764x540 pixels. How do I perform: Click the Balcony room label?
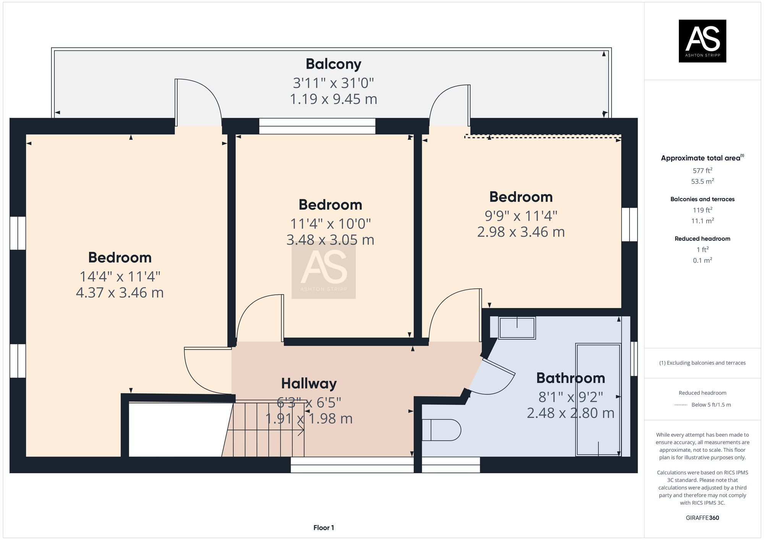(x=333, y=64)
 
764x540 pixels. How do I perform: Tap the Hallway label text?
(x=309, y=383)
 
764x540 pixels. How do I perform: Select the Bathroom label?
(x=570, y=378)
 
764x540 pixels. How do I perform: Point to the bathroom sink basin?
(x=517, y=328)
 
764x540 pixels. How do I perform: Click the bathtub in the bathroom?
(x=598, y=399)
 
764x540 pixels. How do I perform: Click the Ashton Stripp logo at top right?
(x=702, y=41)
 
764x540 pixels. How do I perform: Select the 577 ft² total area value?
(x=702, y=171)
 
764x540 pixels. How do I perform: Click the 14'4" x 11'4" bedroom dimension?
(x=120, y=276)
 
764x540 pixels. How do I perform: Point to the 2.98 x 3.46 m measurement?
(x=521, y=232)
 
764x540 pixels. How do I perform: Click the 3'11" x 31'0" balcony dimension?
(x=333, y=83)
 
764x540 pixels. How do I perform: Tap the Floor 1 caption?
(x=324, y=528)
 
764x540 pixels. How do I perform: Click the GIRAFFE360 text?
(x=702, y=518)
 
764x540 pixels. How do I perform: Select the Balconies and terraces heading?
(x=702, y=199)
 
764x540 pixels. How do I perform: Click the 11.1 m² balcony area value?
(x=702, y=221)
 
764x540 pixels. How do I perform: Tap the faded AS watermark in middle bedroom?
(x=324, y=270)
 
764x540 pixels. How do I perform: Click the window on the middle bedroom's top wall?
(x=317, y=126)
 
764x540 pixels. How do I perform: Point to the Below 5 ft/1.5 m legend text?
(x=711, y=405)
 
